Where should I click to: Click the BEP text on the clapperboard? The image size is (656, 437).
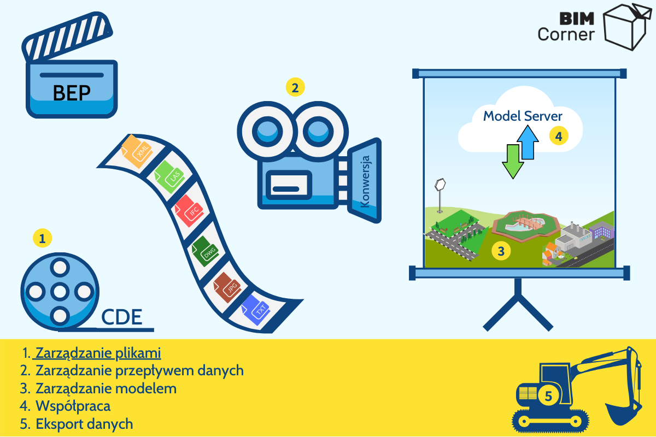[x=72, y=93]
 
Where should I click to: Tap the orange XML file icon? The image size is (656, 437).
[x=137, y=151]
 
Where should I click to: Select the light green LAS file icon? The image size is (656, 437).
[x=169, y=177]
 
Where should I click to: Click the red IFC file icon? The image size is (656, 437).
[x=189, y=211]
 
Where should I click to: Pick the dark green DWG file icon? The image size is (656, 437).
[x=205, y=251]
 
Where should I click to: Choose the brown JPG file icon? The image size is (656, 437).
[x=227, y=287]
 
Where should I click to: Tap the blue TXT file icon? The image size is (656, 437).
[x=255, y=310]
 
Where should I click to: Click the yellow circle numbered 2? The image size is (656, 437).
[x=295, y=87]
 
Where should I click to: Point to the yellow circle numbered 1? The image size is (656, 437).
[x=43, y=238]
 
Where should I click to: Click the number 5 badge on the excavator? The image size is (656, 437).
[x=548, y=396]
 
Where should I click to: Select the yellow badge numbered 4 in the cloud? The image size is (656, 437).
[x=559, y=136]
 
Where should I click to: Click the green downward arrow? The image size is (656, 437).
[x=513, y=161]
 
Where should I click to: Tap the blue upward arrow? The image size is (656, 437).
[x=528, y=142]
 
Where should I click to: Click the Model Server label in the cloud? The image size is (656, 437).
[x=523, y=116]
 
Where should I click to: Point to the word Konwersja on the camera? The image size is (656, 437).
[x=365, y=181]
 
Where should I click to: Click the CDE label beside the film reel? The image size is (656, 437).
[x=121, y=317]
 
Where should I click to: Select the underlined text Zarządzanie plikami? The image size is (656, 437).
[x=98, y=353]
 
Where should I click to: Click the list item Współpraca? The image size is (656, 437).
[x=73, y=406]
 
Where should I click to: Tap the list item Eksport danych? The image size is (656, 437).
[x=84, y=424]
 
